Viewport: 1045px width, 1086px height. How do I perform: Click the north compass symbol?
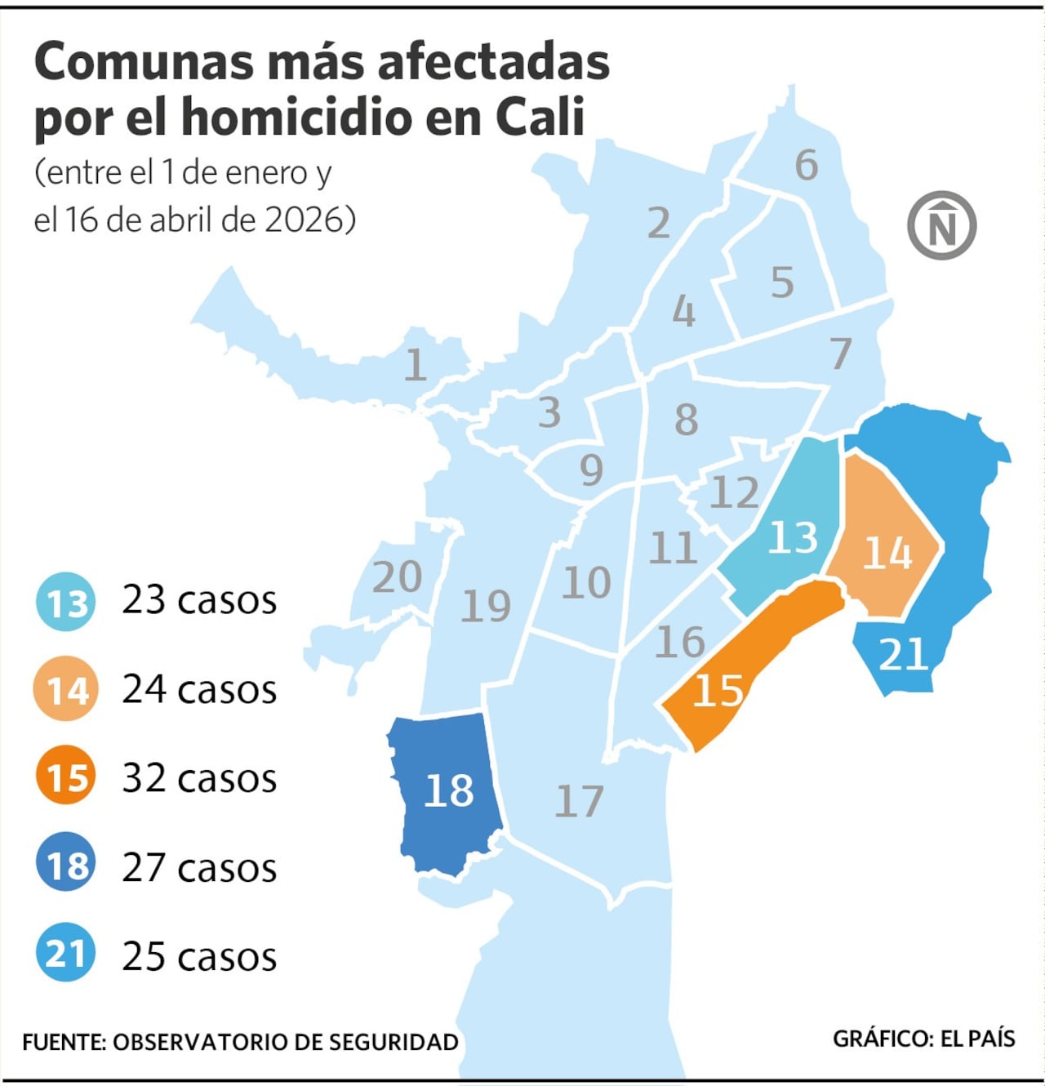[x=941, y=226]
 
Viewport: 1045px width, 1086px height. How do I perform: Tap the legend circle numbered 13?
[x=66, y=603]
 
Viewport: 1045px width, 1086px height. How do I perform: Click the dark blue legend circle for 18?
[x=66, y=865]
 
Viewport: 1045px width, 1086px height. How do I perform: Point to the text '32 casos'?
[x=199, y=778]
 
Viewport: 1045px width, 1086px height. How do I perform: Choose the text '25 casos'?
[x=199, y=956]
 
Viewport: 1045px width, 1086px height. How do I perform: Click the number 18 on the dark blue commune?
[x=449, y=790]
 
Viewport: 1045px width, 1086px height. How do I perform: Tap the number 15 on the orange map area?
[x=718, y=691]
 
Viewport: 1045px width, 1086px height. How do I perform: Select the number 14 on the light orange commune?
[x=887, y=553]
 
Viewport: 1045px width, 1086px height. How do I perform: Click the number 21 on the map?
[x=903, y=654]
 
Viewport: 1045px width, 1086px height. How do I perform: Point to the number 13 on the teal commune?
[x=792, y=537]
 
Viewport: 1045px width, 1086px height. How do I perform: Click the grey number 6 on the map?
[x=806, y=165]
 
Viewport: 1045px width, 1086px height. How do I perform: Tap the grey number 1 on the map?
[x=415, y=365]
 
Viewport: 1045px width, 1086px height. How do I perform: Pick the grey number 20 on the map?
[x=398, y=577]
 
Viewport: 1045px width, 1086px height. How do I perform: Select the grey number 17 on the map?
[x=579, y=801]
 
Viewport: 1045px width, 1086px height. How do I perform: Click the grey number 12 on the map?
[x=734, y=492]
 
